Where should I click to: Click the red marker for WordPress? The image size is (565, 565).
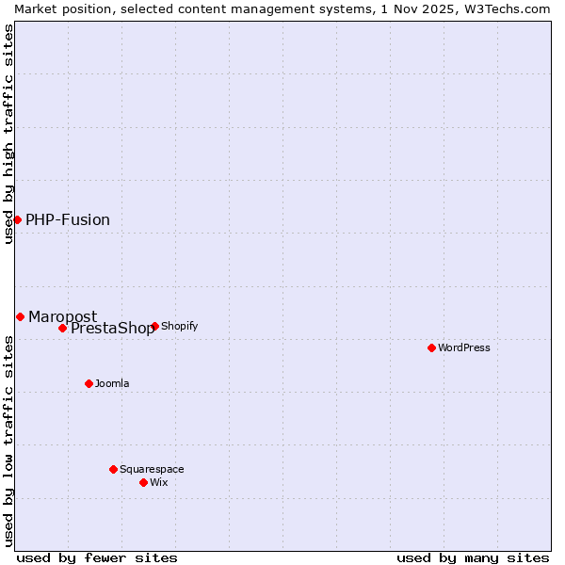(431, 347)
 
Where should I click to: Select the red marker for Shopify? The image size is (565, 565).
(154, 326)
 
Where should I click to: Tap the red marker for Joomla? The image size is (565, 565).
(89, 383)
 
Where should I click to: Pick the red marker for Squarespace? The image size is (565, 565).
(113, 469)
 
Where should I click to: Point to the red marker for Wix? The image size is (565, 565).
(143, 482)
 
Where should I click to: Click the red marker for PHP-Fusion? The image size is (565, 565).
(17, 219)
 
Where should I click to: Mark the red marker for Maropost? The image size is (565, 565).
(20, 316)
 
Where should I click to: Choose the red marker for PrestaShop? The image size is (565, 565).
(62, 328)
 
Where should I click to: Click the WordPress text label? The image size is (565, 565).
(464, 347)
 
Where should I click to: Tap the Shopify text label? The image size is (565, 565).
(179, 326)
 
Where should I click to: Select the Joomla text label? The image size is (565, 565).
(112, 383)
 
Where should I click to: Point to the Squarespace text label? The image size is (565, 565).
(152, 469)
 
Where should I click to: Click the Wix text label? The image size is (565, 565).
(158, 482)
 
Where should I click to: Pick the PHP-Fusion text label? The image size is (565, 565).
(68, 220)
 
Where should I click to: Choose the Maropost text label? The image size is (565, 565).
(62, 316)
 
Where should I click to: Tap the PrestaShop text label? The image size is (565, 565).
(112, 329)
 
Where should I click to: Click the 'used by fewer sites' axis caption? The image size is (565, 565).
(97, 557)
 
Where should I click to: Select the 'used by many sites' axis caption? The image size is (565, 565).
(473, 557)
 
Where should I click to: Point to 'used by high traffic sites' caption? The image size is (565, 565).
(8, 134)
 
